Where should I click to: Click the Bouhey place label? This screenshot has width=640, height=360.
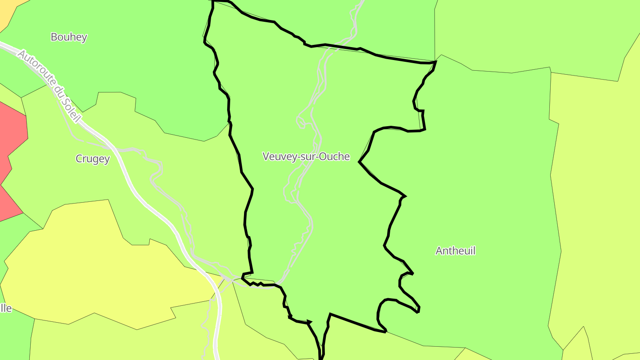[x=68, y=37]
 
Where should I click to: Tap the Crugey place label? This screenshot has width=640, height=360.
[x=92, y=159]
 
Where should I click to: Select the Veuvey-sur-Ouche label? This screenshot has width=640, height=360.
[x=306, y=156]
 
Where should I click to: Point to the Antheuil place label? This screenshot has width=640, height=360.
[x=455, y=251]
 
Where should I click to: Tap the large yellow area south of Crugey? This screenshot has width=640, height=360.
[x=89, y=276]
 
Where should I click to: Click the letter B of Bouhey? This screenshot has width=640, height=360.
[x=54, y=37]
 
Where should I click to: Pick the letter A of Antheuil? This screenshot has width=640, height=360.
[x=439, y=251]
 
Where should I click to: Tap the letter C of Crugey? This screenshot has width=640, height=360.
[x=79, y=159]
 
